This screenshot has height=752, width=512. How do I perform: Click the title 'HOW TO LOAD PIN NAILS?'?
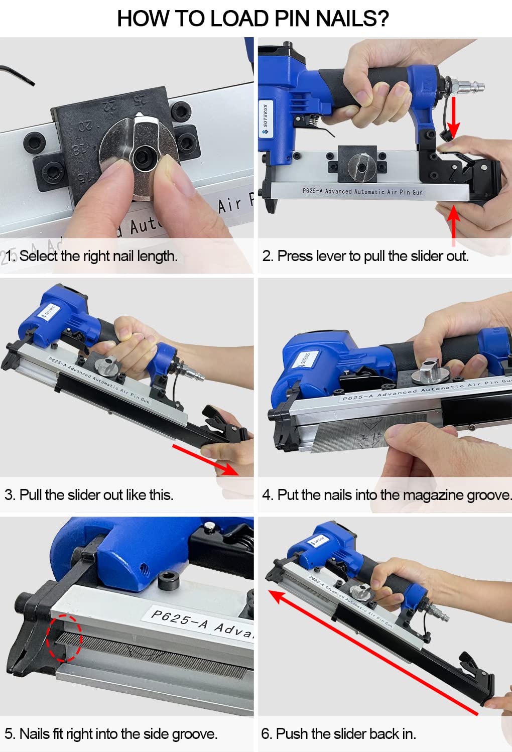253,19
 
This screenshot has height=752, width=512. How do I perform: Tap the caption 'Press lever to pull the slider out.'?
365,256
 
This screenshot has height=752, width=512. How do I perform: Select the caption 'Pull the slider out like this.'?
89,494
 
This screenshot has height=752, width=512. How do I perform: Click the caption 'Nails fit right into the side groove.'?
111,733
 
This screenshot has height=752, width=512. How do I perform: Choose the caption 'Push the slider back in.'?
338,733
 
